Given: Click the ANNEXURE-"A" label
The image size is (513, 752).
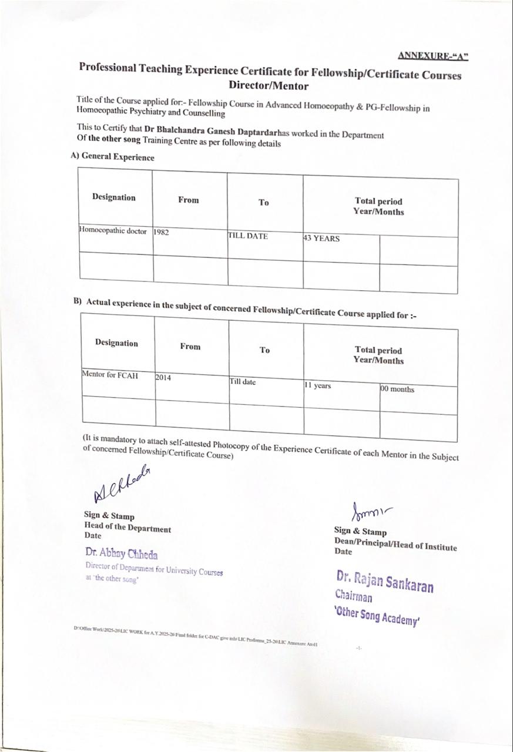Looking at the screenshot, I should point(433,56).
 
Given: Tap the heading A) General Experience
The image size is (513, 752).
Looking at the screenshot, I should point(112,157).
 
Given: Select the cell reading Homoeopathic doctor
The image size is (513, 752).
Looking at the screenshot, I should point(113,231).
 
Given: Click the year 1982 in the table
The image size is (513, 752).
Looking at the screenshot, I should point(162,232).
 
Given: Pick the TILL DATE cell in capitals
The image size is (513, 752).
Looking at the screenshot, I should point(248,236).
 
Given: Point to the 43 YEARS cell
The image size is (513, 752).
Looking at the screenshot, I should point(321,239).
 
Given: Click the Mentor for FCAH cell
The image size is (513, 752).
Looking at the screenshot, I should point(110,375).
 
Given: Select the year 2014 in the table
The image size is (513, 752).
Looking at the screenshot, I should point(163,378).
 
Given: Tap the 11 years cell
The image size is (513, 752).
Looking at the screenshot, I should point(317,385).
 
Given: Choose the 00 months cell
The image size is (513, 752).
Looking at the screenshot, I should point(397,389).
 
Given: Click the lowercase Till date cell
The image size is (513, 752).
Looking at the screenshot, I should point(243,382).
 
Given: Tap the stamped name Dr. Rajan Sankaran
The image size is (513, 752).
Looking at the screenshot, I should point(385,580).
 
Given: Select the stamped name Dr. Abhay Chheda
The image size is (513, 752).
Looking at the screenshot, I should point(122,553).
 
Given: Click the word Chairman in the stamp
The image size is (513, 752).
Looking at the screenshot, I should point(354,597).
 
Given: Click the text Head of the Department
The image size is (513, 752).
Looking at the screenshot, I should point(128,528).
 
